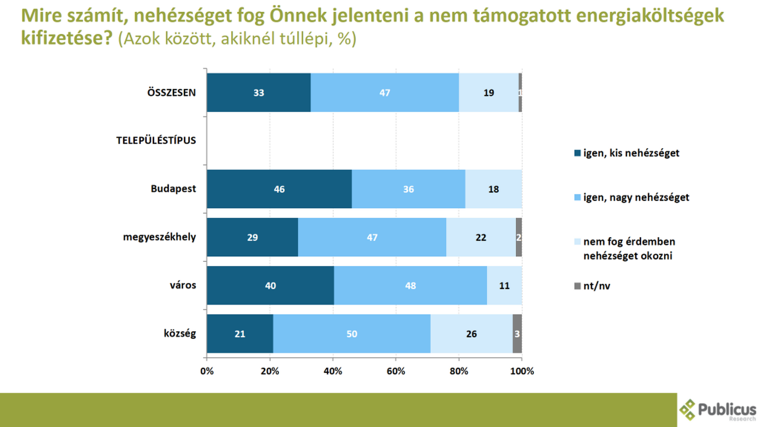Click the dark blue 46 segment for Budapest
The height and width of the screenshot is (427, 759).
point(279,189)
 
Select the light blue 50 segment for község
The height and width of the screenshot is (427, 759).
point(352,334)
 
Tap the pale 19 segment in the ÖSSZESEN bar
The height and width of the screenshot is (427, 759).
point(489,93)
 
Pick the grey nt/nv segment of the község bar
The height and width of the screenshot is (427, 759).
point(517,334)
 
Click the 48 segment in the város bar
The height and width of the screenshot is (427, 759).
point(410,285)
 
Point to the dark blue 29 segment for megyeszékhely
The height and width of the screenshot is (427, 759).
point(252,237)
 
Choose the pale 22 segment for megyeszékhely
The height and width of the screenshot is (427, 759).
point(481,237)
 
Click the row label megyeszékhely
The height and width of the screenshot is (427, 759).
point(159,237)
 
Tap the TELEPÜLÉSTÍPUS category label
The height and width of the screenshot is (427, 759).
point(156,140)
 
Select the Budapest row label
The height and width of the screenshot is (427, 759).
point(173,189)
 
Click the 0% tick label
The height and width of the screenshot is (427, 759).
point(207,371)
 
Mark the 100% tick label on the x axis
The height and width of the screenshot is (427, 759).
point(522,371)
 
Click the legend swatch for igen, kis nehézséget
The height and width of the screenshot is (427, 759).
point(578,153)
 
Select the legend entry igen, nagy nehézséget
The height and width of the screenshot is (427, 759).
point(632,197)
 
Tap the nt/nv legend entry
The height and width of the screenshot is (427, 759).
point(592,286)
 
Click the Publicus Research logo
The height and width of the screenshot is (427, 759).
point(717,410)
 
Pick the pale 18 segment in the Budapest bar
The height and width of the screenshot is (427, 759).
point(493,189)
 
